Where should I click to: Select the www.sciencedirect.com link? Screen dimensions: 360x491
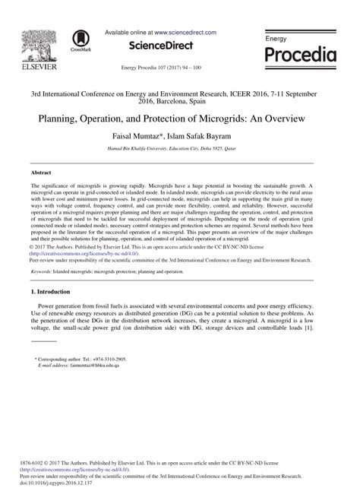185,33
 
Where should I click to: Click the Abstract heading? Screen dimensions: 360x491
42,173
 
